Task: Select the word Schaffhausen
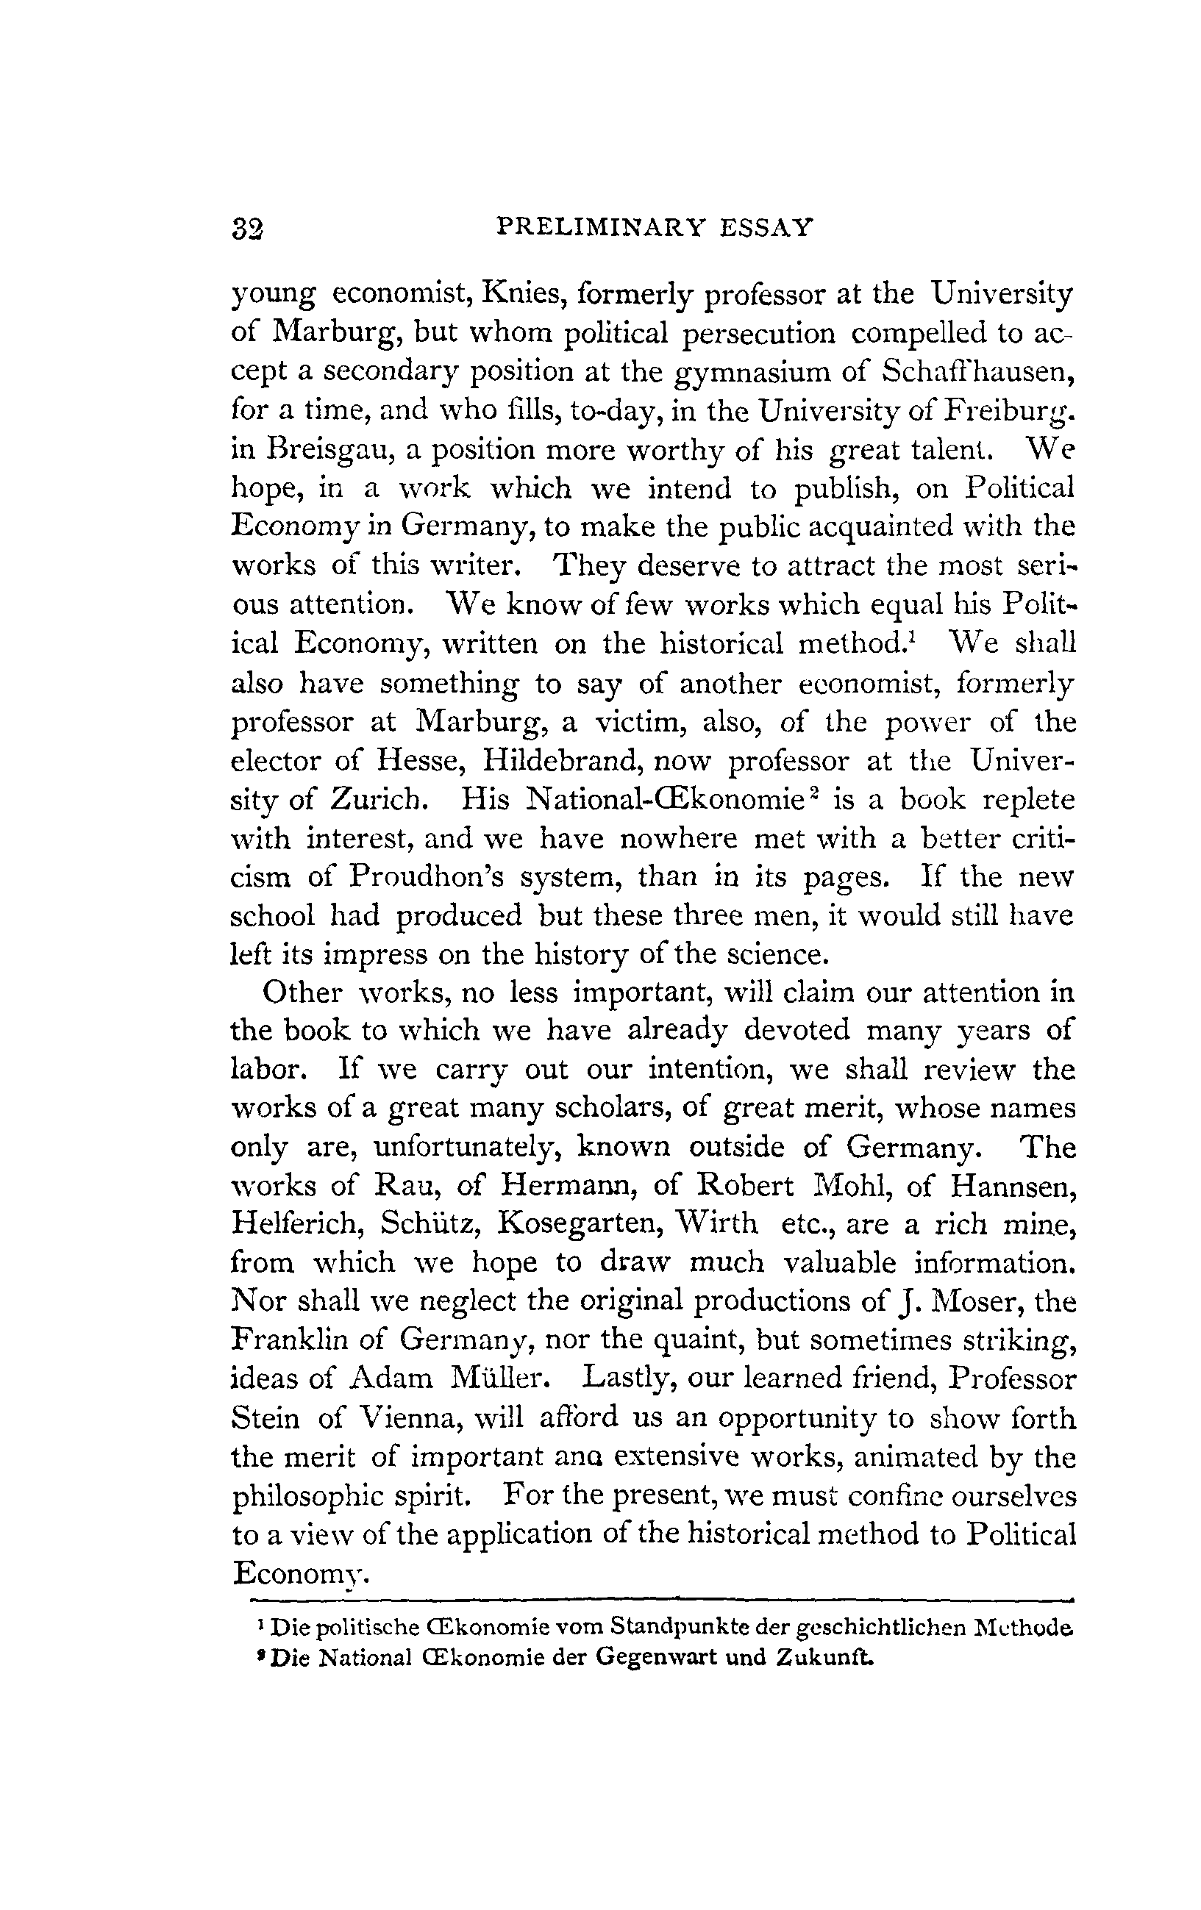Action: (x=980, y=372)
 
